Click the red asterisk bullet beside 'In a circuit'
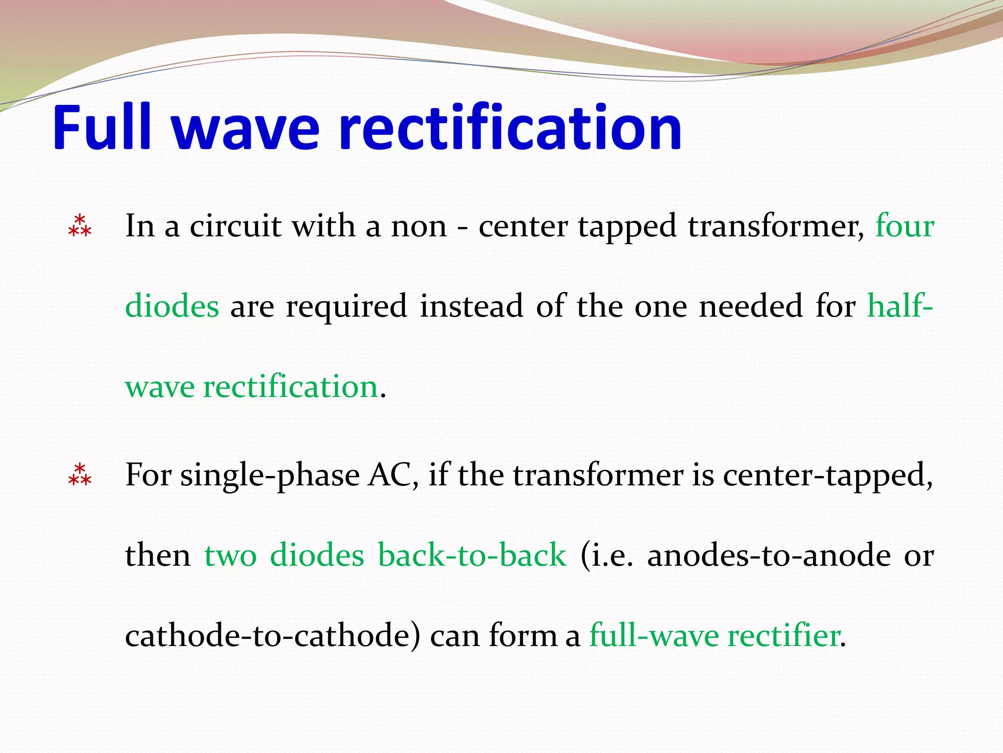80,226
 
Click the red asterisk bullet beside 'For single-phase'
80,475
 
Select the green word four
904,226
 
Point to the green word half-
900,306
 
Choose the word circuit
236,226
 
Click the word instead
471,306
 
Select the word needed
750,306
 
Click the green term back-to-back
472,555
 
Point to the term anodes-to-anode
768,555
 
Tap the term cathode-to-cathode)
273,636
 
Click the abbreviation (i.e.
606,556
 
